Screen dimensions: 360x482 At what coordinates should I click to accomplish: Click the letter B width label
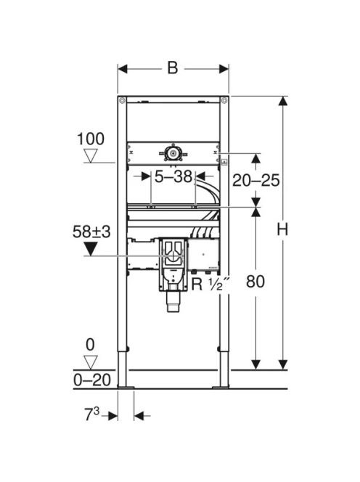tap(173, 68)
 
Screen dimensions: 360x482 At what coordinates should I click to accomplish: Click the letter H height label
tap(282, 229)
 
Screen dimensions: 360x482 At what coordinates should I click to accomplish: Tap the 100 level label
tap(91, 139)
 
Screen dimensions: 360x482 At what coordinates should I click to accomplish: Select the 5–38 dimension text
tap(173, 176)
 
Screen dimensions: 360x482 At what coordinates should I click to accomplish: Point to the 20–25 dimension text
tap(255, 180)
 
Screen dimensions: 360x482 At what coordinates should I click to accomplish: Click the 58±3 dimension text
tap(91, 232)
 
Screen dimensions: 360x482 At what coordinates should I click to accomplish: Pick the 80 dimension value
tap(255, 281)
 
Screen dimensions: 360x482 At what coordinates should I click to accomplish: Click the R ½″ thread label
tap(210, 284)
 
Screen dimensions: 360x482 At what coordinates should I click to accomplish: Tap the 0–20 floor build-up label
tap(92, 380)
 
